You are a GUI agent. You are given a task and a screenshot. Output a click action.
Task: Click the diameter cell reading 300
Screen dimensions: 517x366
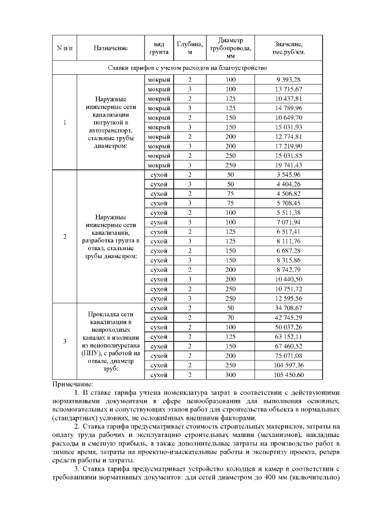pos(230,375)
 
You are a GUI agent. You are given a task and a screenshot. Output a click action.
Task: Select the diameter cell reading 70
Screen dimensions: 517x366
pos(230,318)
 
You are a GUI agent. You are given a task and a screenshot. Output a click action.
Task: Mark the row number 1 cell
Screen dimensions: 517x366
pos(65,122)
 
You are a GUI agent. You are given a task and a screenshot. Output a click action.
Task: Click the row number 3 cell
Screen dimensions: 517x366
pos(65,342)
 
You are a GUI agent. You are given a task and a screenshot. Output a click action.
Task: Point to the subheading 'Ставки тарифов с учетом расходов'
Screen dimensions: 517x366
pos(188,67)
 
